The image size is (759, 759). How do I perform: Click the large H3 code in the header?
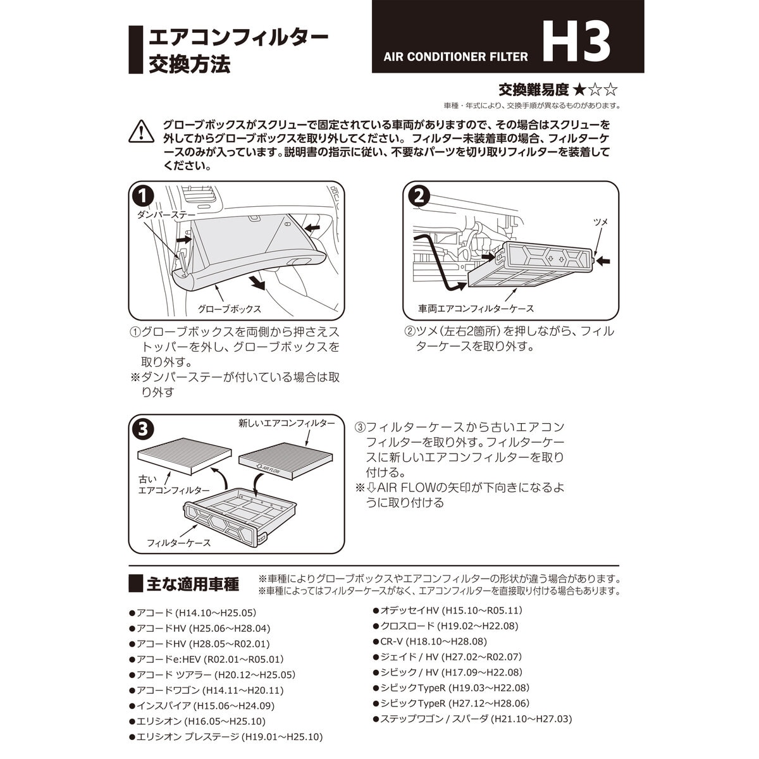(576, 43)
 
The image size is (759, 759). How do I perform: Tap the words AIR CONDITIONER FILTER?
(455, 57)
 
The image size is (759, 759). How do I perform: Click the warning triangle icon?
(141, 131)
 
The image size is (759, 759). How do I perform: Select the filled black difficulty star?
(579, 90)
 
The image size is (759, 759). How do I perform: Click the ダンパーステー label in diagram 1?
(166, 215)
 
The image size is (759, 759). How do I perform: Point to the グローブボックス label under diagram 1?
(229, 309)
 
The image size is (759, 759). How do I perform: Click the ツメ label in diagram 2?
(600, 221)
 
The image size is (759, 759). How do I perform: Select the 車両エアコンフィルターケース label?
(476, 309)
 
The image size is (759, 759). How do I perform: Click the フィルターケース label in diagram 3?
(178, 543)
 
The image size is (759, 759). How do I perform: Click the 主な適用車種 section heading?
(192, 584)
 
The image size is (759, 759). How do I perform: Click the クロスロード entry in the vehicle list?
(448, 626)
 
